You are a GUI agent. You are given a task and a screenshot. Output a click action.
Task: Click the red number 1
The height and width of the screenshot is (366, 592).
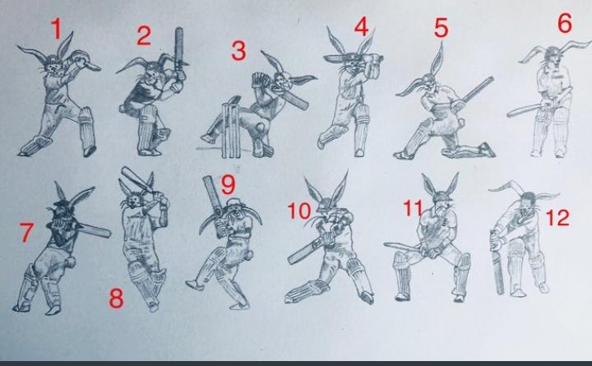point(56,29)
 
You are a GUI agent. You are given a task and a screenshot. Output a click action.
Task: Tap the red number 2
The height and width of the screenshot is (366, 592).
point(144,36)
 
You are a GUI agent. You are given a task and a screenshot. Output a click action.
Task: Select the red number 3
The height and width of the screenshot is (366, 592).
point(238,51)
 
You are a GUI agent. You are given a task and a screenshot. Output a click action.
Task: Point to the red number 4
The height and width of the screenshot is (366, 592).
point(361,27)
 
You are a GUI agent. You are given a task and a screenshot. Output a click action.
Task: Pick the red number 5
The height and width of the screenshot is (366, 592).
point(441,28)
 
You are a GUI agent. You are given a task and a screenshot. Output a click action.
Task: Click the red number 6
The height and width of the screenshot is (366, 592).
point(565,23)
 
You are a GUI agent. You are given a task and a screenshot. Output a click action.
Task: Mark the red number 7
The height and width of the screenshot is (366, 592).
point(26,232)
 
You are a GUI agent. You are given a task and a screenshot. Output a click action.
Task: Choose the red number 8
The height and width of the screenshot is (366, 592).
point(116,298)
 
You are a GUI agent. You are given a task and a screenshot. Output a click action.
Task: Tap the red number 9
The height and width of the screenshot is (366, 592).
point(228,184)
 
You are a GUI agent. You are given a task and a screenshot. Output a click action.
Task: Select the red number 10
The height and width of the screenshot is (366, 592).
point(299,211)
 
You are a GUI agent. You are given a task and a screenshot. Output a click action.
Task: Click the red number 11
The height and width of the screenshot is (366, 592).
point(413,208)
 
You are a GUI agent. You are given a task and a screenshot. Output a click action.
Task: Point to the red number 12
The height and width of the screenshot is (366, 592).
point(557,218)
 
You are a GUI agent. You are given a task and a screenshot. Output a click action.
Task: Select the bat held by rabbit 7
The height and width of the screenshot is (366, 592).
point(92,229)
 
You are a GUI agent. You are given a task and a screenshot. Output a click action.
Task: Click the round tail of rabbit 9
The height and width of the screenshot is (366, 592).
point(248,256)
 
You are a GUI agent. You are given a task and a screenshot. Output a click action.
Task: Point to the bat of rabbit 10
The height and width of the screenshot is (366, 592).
point(307,251)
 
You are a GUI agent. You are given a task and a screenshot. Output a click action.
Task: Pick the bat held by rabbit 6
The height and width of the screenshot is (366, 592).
point(525,110)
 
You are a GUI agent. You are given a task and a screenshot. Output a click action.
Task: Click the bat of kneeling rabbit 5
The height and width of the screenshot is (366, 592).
point(477,91)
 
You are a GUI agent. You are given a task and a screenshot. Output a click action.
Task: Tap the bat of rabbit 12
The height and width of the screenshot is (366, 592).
point(498,264)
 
